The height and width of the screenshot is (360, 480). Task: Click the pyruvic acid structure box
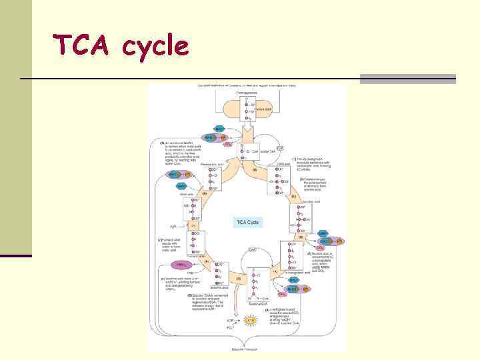(x=247, y=111)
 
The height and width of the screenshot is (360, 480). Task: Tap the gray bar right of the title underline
(x=407, y=79)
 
